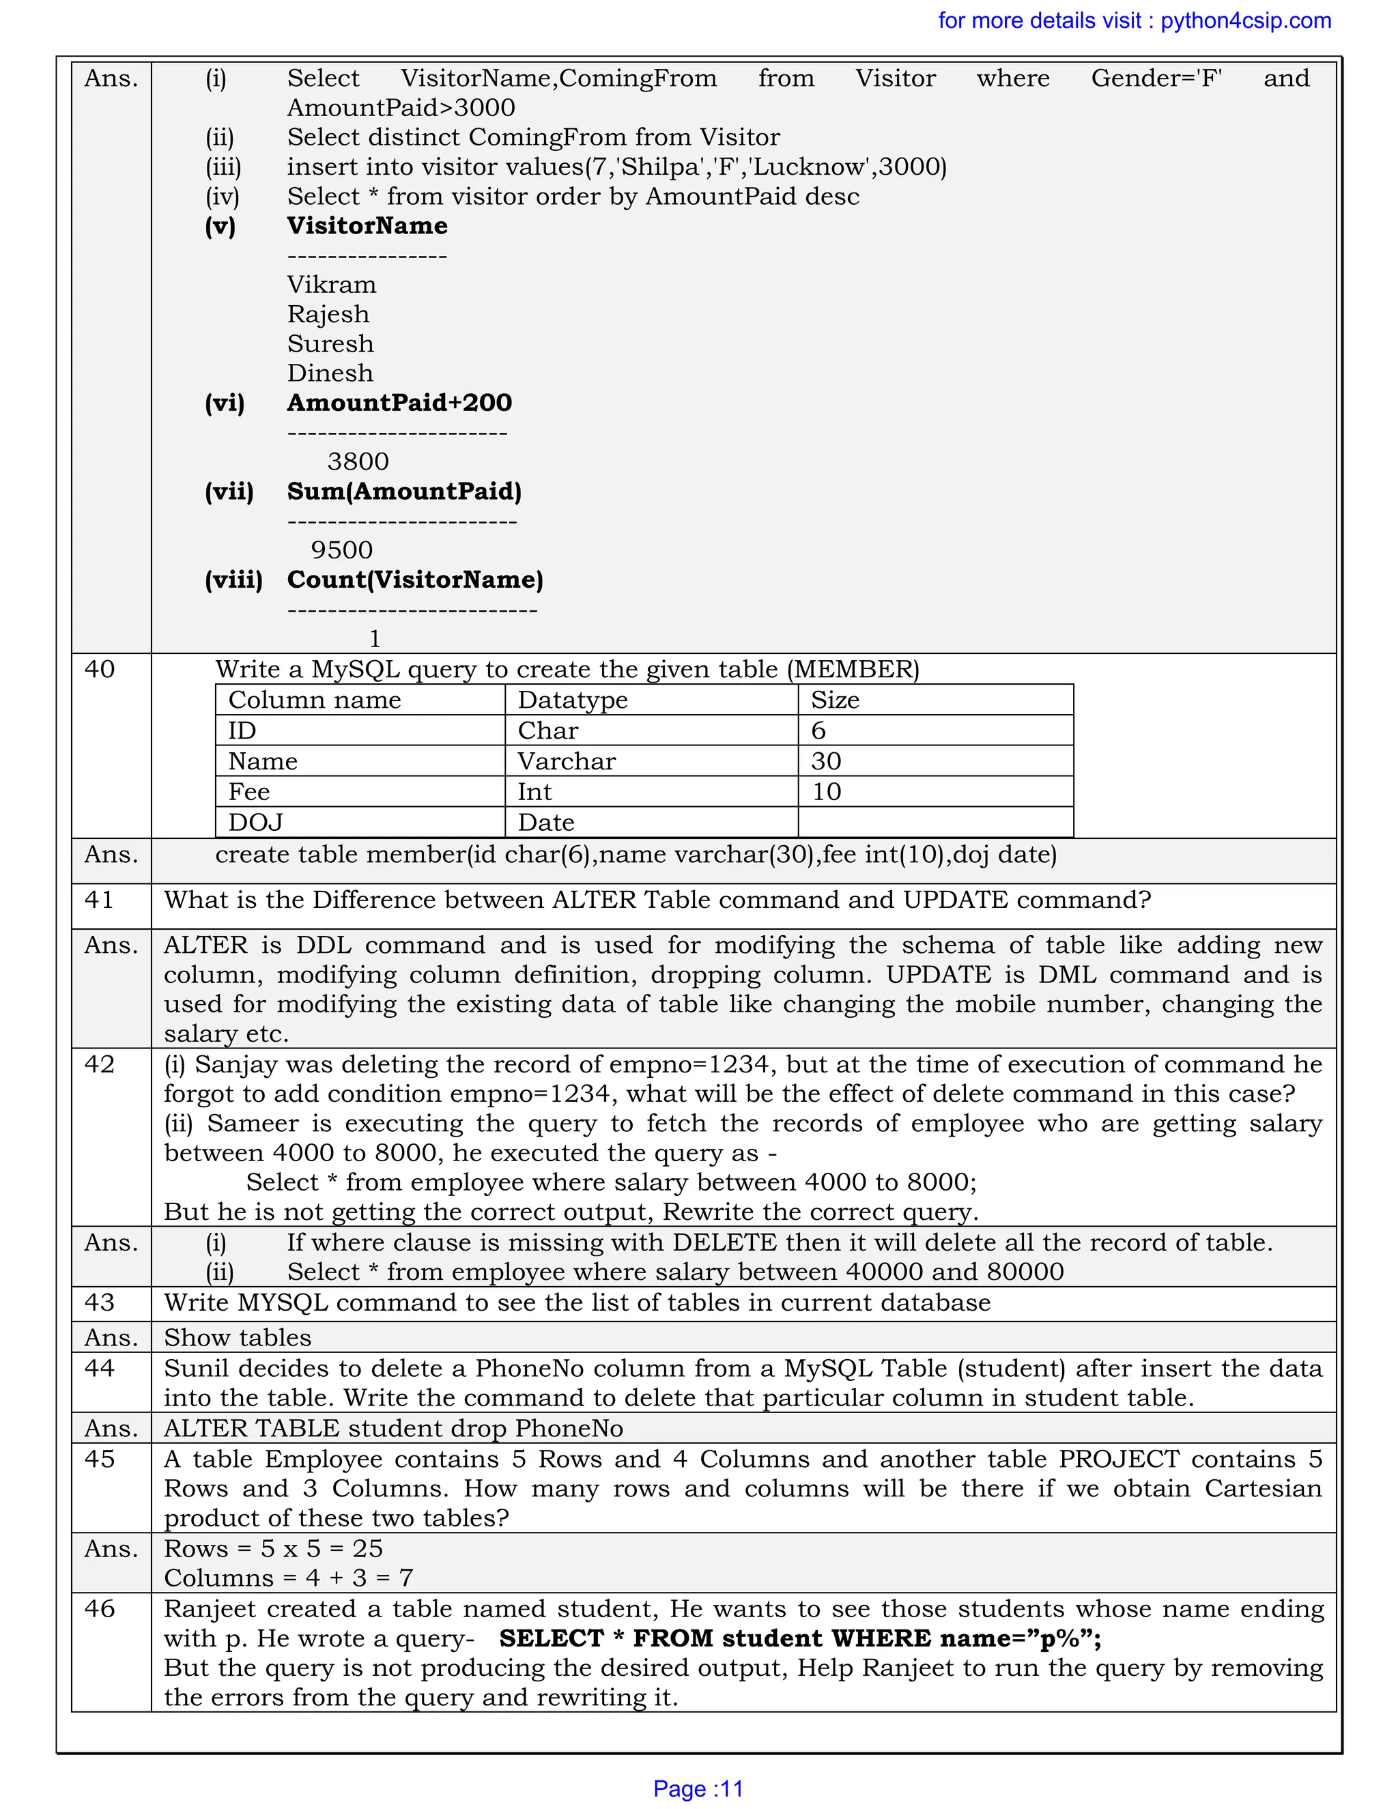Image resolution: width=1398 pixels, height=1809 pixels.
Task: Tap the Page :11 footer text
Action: point(698,1789)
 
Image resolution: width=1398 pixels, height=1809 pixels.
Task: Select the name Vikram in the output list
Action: point(331,285)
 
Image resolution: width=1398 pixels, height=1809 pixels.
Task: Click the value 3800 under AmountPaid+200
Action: point(358,461)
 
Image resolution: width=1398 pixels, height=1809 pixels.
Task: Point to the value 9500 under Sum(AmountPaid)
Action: point(341,550)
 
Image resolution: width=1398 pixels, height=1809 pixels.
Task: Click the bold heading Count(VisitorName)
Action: point(415,580)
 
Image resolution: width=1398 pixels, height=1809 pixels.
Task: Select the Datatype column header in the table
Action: point(572,700)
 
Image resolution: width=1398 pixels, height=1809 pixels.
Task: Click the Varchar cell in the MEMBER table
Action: point(567,761)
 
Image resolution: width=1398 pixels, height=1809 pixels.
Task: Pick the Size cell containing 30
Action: point(826,761)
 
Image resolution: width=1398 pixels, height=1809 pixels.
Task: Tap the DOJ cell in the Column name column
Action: point(255,823)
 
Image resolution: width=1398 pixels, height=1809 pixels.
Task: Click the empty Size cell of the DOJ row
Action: point(935,823)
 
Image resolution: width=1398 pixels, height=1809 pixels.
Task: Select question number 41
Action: point(100,900)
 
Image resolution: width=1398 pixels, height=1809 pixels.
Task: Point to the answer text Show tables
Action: point(238,1338)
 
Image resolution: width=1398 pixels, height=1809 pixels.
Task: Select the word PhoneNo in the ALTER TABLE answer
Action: point(569,1429)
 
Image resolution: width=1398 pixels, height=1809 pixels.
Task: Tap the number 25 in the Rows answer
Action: point(368,1549)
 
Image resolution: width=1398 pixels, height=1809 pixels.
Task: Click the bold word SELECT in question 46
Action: point(552,1638)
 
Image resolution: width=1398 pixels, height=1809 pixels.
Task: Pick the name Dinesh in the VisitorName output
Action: point(330,373)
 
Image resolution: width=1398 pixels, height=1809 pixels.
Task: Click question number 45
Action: point(100,1459)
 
